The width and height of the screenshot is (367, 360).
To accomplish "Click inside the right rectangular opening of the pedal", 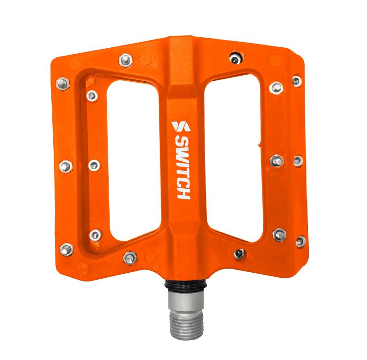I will [x=234, y=160].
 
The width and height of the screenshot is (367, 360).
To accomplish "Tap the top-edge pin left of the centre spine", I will [x=125, y=59].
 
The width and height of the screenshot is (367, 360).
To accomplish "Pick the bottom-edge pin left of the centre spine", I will [x=130, y=258].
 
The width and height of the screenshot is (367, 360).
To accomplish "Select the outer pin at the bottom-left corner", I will [x=67, y=249].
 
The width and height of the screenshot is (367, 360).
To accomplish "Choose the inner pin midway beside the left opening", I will [x=94, y=165].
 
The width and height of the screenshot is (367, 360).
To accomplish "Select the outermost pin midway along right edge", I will [x=298, y=160].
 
